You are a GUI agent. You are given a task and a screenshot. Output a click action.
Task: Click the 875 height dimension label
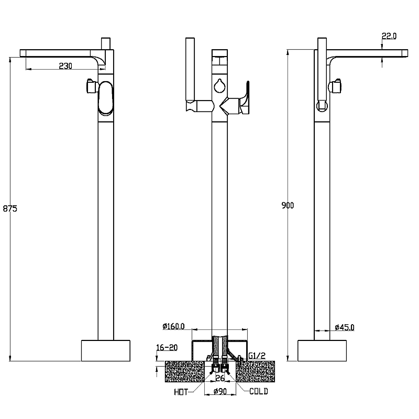click(x=10, y=208)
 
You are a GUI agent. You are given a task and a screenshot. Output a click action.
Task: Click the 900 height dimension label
click(x=288, y=205)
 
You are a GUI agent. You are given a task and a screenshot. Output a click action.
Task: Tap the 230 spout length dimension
click(x=65, y=66)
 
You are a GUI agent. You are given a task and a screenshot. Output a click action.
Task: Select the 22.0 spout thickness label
click(x=389, y=36)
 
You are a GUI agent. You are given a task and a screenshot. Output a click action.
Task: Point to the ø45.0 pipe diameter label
click(x=345, y=327)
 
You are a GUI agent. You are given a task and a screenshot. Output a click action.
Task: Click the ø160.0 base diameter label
click(x=173, y=326)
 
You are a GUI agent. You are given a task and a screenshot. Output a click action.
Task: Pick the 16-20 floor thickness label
click(x=167, y=347)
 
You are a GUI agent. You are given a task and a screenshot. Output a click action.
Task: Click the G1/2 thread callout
click(x=257, y=356)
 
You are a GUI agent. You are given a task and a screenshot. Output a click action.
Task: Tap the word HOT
click(x=181, y=392)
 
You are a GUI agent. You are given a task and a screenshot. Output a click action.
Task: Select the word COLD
click(x=259, y=391)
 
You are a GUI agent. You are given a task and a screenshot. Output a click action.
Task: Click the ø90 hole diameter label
click(x=220, y=391)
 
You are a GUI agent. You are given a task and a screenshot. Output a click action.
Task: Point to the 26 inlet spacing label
click(x=220, y=378)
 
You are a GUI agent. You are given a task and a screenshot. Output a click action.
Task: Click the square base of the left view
click(x=106, y=350)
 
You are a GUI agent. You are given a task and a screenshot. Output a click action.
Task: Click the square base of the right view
click(x=322, y=350)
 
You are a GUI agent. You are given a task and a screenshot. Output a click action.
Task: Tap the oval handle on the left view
click(x=106, y=98)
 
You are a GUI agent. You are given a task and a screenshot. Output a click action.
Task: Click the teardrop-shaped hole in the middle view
click(x=219, y=86)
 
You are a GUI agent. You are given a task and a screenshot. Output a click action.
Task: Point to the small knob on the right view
click(x=335, y=86)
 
